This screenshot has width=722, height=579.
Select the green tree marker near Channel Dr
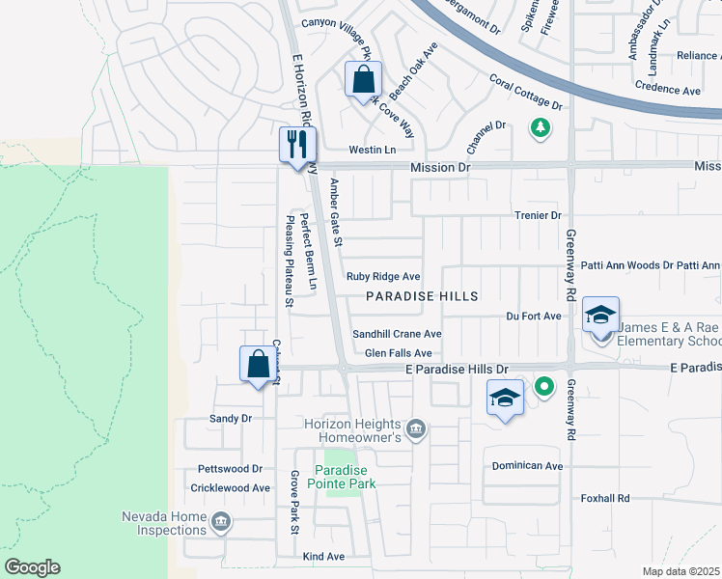point(541,126)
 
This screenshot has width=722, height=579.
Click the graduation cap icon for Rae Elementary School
point(600,315)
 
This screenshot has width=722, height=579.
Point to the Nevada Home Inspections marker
point(221,522)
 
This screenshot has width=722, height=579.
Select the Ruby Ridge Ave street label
point(383,277)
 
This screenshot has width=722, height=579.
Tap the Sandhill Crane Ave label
point(396,334)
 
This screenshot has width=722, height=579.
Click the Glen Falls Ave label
point(398,353)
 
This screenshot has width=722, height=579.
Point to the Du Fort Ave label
point(534,316)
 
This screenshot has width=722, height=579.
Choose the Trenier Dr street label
point(538,215)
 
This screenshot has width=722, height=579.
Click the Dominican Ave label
point(527,466)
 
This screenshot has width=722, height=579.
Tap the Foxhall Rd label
point(605,498)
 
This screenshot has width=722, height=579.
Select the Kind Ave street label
point(323,557)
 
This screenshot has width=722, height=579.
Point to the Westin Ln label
point(373,151)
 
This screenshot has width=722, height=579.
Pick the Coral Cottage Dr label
point(525,92)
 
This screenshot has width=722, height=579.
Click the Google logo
point(32,567)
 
